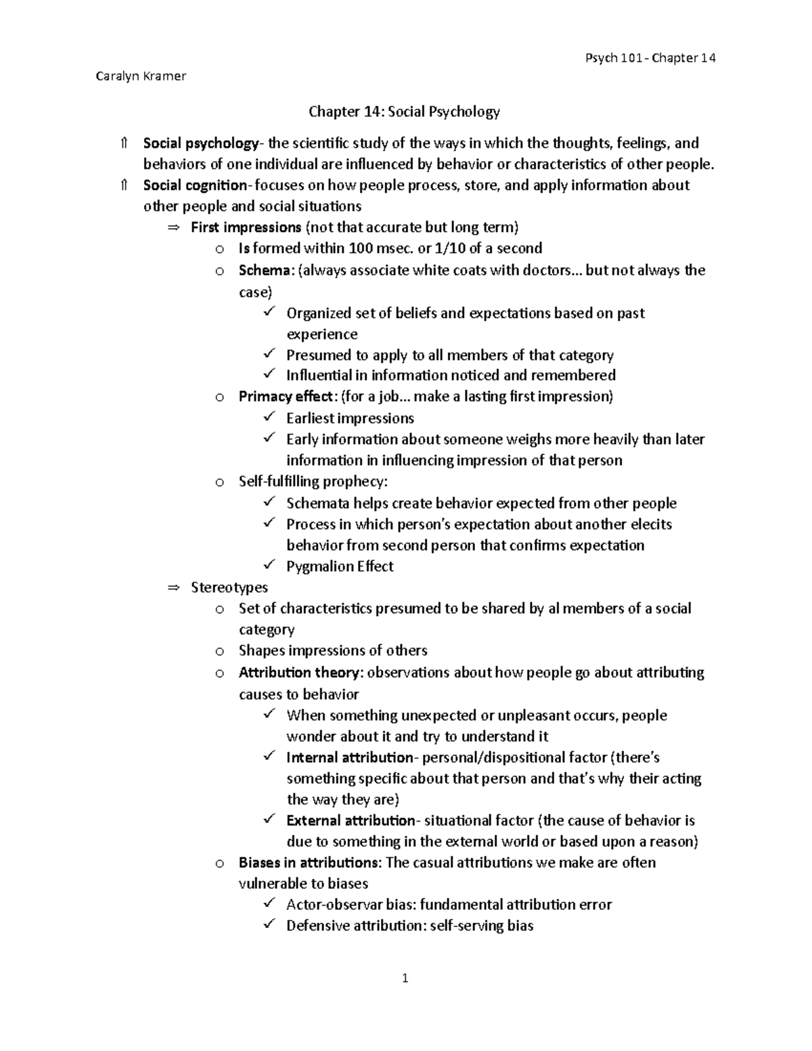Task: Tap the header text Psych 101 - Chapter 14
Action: [650, 58]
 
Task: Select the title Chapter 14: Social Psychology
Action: [404, 112]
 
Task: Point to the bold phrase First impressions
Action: [246, 227]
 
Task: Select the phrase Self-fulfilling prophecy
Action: [313, 482]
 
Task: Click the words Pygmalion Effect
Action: [340, 566]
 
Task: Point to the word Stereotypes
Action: [229, 587]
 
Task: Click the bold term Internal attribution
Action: [349, 757]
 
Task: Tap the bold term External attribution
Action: [351, 821]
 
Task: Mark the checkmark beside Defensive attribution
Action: [269, 924]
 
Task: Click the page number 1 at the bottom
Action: [405, 978]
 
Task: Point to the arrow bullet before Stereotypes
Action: [173, 588]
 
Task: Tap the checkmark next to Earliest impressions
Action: [269, 418]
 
